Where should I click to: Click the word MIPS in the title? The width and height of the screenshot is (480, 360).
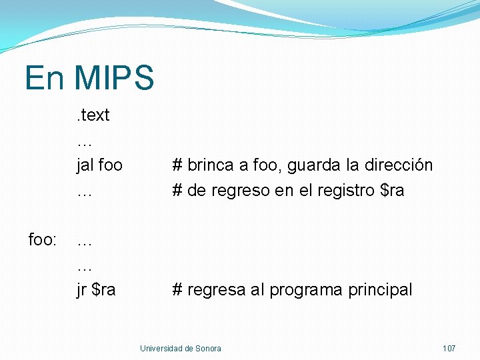tap(115, 77)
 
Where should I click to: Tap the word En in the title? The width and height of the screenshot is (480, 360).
tap(45, 77)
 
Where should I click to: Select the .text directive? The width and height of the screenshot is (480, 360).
tap(93, 115)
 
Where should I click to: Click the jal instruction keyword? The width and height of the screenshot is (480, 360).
tap(85, 165)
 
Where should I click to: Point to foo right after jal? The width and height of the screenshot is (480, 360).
tap(110, 165)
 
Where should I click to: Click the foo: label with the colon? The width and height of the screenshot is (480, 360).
tap(43, 239)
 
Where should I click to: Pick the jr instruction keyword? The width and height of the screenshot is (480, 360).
tap(81, 290)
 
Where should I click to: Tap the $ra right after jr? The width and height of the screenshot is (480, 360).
tap(103, 290)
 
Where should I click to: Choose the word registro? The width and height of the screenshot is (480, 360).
tap(347, 191)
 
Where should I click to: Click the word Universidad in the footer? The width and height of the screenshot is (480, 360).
tap(162, 349)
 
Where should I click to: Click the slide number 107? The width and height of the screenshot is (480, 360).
tap(449, 349)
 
